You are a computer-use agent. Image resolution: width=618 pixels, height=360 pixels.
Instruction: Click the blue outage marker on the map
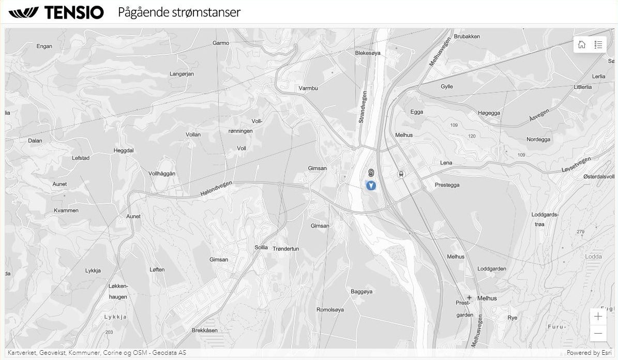371,185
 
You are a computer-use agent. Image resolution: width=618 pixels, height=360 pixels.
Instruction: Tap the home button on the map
582,44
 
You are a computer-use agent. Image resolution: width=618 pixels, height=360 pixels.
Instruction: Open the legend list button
598,44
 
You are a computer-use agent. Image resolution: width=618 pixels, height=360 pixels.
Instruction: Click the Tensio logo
56,12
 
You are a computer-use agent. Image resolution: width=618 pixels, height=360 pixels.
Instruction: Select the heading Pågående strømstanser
179,12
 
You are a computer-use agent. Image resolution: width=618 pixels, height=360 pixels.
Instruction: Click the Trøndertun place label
285,249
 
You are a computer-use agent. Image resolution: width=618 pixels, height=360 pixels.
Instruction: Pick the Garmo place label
221,43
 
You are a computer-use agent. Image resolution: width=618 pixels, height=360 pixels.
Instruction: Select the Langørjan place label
182,74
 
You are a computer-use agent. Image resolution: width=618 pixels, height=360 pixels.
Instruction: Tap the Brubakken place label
467,36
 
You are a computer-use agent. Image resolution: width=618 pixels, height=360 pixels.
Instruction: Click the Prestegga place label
447,185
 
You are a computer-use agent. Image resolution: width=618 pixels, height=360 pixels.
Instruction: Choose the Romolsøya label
330,310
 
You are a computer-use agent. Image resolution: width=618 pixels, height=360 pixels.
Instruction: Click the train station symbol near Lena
400,174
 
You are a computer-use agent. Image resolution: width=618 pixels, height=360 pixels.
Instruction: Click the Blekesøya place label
368,53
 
